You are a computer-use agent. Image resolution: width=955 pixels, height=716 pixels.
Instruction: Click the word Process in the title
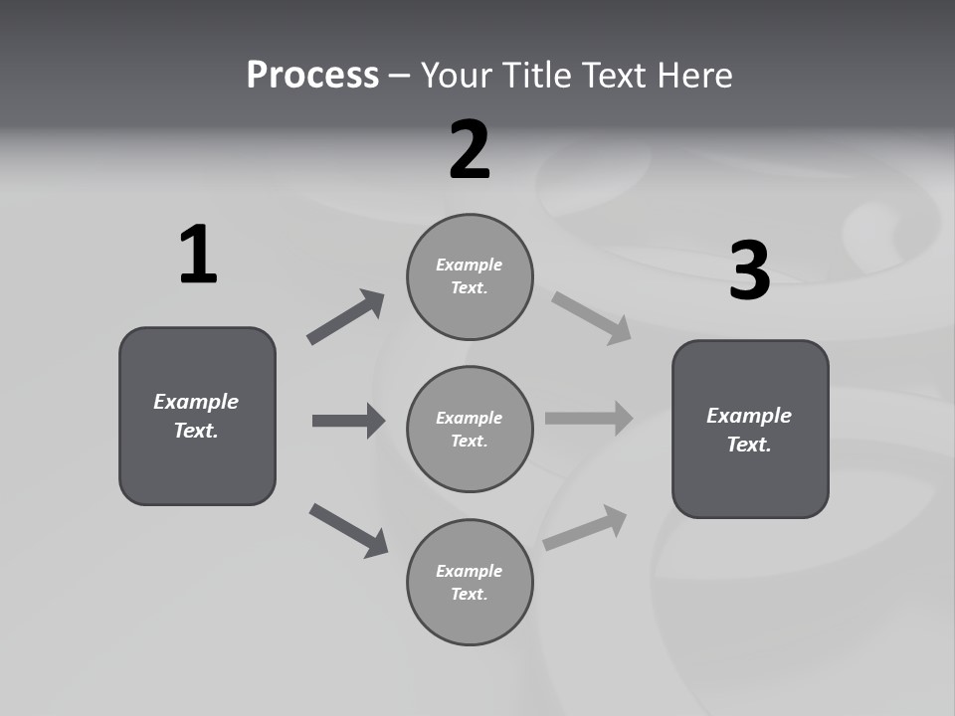(x=312, y=76)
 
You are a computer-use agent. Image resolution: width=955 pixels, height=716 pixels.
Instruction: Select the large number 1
(x=198, y=256)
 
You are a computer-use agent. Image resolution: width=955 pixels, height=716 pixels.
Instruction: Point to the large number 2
(x=470, y=151)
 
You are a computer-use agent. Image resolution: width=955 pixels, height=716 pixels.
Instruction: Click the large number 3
(x=749, y=270)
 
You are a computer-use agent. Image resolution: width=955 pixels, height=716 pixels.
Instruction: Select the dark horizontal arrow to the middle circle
(x=348, y=421)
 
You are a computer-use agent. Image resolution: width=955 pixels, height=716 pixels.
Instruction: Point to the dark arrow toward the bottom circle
(x=349, y=530)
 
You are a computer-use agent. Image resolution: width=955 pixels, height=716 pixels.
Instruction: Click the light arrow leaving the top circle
(x=592, y=318)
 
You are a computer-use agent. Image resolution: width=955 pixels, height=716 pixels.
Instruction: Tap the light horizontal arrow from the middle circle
(x=589, y=419)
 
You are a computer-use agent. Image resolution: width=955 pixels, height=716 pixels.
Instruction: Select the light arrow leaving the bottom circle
(x=585, y=528)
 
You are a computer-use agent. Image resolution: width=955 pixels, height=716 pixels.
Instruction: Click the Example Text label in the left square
(x=196, y=416)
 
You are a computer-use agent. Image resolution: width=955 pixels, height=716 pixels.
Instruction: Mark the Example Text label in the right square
(x=749, y=430)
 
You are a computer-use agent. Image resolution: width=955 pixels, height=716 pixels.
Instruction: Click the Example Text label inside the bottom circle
(x=470, y=583)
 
